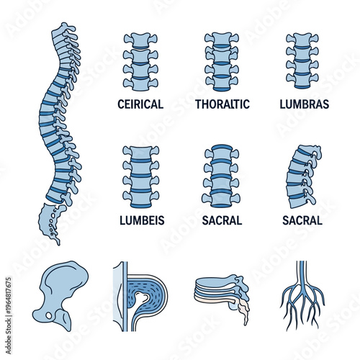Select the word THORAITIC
click(x=222, y=104)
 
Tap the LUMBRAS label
click(x=304, y=104)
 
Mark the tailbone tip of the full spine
click(x=58, y=240)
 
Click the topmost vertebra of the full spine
click(x=66, y=29)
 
